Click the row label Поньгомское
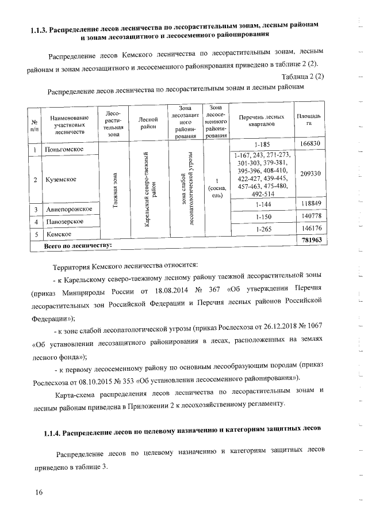(x=64, y=150)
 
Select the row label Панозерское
(x=64, y=222)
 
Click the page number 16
(x=39, y=492)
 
